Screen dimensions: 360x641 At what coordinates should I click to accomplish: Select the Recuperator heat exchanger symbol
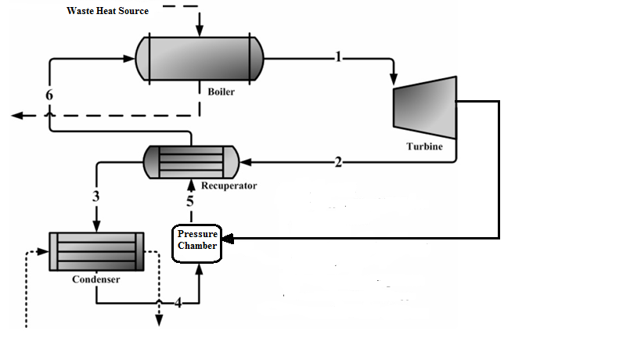click(x=191, y=162)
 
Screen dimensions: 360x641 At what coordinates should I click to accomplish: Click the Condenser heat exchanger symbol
click(x=96, y=251)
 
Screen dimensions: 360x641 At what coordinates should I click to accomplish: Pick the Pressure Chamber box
click(x=197, y=241)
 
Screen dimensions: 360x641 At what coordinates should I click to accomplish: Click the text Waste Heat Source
click(x=107, y=11)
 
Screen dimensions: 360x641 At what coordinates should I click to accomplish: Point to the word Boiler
click(x=221, y=92)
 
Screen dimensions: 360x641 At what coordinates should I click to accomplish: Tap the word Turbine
click(x=424, y=146)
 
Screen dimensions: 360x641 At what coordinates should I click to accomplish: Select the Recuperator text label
click(x=229, y=186)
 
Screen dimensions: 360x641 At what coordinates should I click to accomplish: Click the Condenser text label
click(x=95, y=279)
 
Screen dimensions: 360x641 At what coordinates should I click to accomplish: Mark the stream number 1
click(x=338, y=56)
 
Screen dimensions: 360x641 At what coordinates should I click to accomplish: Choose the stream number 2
click(x=338, y=163)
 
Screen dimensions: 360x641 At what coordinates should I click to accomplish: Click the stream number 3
click(x=96, y=197)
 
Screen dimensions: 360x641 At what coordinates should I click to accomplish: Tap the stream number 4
click(x=178, y=303)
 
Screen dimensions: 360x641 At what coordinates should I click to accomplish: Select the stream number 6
click(x=49, y=95)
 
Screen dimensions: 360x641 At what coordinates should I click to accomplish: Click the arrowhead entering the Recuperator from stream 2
click(x=246, y=163)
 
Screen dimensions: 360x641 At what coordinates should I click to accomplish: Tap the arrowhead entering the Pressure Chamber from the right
click(x=229, y=236)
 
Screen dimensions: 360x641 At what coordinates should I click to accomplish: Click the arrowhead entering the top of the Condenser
click(x=96, y=228)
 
